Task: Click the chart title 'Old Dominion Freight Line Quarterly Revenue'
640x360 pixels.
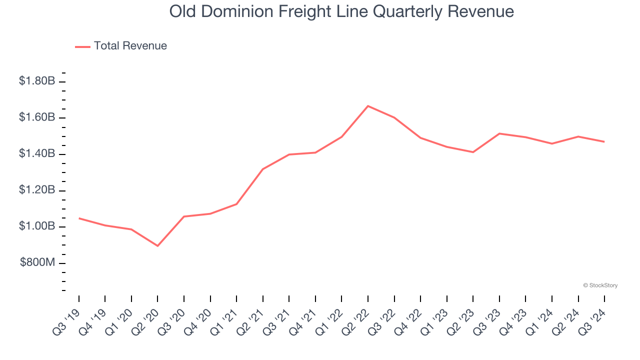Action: (341, 11)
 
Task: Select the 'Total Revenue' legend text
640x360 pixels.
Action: (130, 46)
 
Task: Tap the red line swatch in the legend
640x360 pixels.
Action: (82, 46)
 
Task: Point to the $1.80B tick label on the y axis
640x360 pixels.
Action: (37, 81)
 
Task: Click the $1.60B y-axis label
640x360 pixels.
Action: (37, 117)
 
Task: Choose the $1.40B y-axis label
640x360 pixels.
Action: (37, 154)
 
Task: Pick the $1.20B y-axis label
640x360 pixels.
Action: (37, 190)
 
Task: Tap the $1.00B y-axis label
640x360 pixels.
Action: (37, 227)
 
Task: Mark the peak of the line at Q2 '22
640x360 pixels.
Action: (368, 106)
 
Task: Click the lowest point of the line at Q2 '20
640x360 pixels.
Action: (157, 246)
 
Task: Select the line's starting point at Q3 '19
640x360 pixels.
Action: (79, 218)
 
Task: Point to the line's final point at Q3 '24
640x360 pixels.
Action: (604, 142)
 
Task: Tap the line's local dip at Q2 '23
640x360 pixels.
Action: (473, 152)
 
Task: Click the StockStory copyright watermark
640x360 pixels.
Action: (600, 285)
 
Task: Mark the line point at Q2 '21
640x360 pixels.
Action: (263, 169)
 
